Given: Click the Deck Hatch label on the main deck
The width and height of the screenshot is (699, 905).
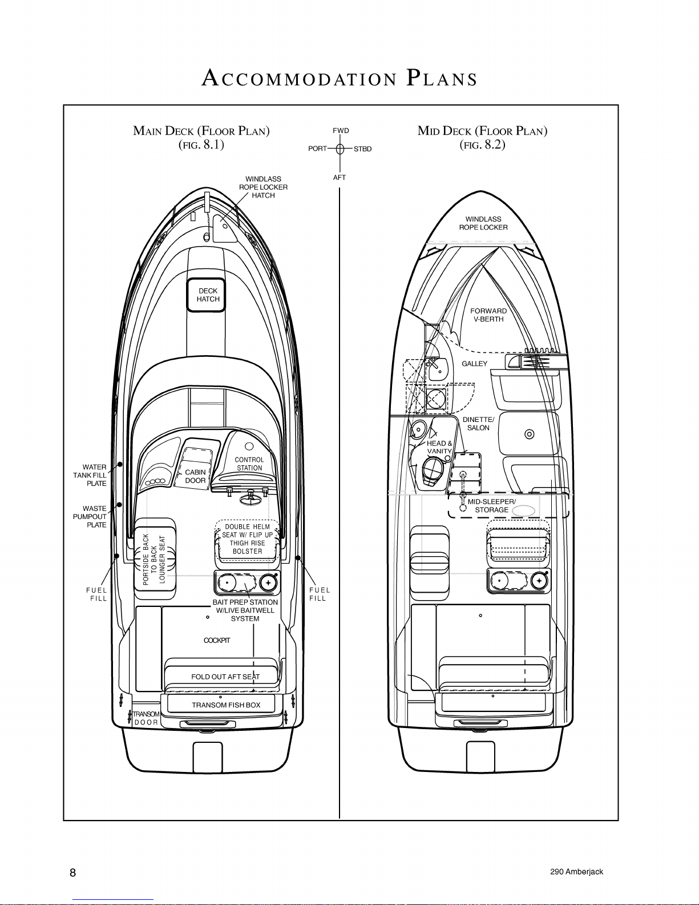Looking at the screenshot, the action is pyautogui.click(x=208, y=295).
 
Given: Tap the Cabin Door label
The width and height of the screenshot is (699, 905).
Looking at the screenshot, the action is pyautogui.click(x=195, y=476).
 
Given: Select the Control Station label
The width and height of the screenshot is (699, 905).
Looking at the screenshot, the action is pyautogui.click(x=249, y=464).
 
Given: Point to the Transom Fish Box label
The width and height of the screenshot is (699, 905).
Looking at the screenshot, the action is pyautogui.click(x=226, y=705).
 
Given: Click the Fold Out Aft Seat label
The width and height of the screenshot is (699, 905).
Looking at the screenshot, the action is pyautogui.click(x=225, y=677).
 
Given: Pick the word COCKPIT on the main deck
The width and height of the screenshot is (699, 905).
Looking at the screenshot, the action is pyautogui.click(x=217, y=640).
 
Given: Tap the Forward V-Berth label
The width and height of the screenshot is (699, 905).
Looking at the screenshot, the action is pyautogui.click(x=488, y=315).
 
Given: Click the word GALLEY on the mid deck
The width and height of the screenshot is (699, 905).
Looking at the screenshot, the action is pyautogui.click(x=474, y=364).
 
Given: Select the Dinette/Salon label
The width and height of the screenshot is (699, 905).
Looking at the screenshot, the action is pyautogui.click(x=479, y=424).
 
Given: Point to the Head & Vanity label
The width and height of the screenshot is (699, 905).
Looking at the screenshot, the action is pyautogui.click(x=439, y=447).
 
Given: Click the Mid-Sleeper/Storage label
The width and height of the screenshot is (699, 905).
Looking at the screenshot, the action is pyautogui.click(x=492, y=505).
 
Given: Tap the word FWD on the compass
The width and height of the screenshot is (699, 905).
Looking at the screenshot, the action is pyautogui.click(x=341, y=130).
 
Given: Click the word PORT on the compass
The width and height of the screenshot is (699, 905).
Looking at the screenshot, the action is pyautogui.click(x=317, y=148).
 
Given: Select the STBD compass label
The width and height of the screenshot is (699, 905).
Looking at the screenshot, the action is pyautogui.click(x=363, y=148).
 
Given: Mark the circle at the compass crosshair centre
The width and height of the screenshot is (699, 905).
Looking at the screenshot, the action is pyautogui.click(x=340, y=148).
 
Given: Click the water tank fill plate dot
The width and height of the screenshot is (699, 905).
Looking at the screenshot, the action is pyautogui.click(x=120, y=464).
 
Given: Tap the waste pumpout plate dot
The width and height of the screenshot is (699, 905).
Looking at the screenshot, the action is pyautogui.click(x=119, y=505).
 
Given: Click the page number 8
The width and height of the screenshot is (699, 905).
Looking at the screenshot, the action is pyautogui.click(x=73, y=872).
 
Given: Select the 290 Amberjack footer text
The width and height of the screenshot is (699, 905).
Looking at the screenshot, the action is pyautogui.click(x=577, y=871).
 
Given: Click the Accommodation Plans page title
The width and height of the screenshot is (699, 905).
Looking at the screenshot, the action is pyautogui.click(x=340, y=78).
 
